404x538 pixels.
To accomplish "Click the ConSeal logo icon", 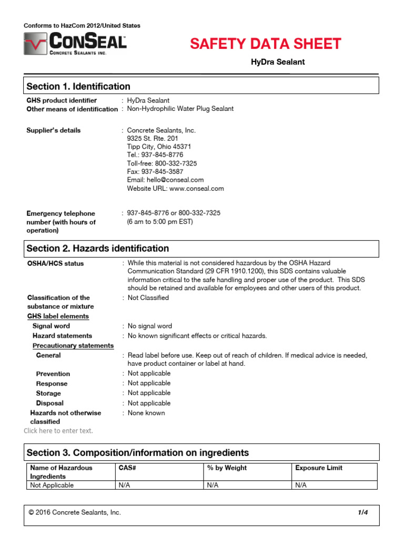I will click(35, 44).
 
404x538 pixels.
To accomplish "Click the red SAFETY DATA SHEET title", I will click(266, 44).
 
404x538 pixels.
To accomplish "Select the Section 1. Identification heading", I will click(78, 86).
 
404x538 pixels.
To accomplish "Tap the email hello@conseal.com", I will click(165, 179).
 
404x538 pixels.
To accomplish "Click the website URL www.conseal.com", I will click(175, 189).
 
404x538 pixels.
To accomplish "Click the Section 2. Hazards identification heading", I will click(98, 249).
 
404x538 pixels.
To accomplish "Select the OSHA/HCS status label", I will click(55, 264).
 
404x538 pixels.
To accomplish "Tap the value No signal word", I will click(149, 326).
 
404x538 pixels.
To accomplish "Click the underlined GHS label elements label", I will click(58, 316).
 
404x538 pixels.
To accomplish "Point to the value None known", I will click(146, 413).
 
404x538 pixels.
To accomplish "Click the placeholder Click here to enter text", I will click(58, 431).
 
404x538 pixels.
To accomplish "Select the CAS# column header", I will click(128, 468).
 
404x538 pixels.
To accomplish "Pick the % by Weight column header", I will click(227, 468).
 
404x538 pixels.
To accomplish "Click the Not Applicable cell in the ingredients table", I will click(52, 485).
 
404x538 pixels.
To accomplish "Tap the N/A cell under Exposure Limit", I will click(301, 485).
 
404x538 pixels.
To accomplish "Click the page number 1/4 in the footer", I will click(362, 512).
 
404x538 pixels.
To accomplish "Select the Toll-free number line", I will click(162, 163).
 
